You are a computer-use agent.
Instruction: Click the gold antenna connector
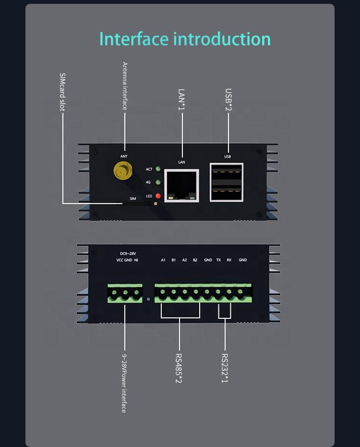tap(122, 170)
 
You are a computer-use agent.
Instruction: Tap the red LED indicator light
tap(158, 196)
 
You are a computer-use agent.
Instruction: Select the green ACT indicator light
tap(158, 169)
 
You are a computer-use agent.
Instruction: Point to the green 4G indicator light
tap(158, 182)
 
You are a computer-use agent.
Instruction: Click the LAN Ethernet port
tap(181, 186)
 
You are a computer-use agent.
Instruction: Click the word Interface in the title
tap(134, 39)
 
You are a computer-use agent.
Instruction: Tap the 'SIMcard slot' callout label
tap(62, 92)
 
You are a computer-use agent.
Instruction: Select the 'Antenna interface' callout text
tap(125, 86)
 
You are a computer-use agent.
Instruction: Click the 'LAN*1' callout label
tap(181, 99)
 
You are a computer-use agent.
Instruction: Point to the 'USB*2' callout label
tap(228, 99)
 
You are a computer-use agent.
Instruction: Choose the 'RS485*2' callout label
tap(179, 368)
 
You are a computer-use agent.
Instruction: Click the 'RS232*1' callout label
tap(225, 368)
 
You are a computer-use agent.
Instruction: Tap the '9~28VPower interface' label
tap(124, 384)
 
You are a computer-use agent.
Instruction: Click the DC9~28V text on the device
tap(128, 254)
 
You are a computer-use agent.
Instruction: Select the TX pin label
tap(218, 260)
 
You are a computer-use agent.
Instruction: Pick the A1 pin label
tap(163, 260)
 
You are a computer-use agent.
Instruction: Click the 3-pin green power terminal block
tap(125, 293)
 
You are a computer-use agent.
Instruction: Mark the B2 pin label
tap(195, 260)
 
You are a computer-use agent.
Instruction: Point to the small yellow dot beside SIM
tap(156, 204)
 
